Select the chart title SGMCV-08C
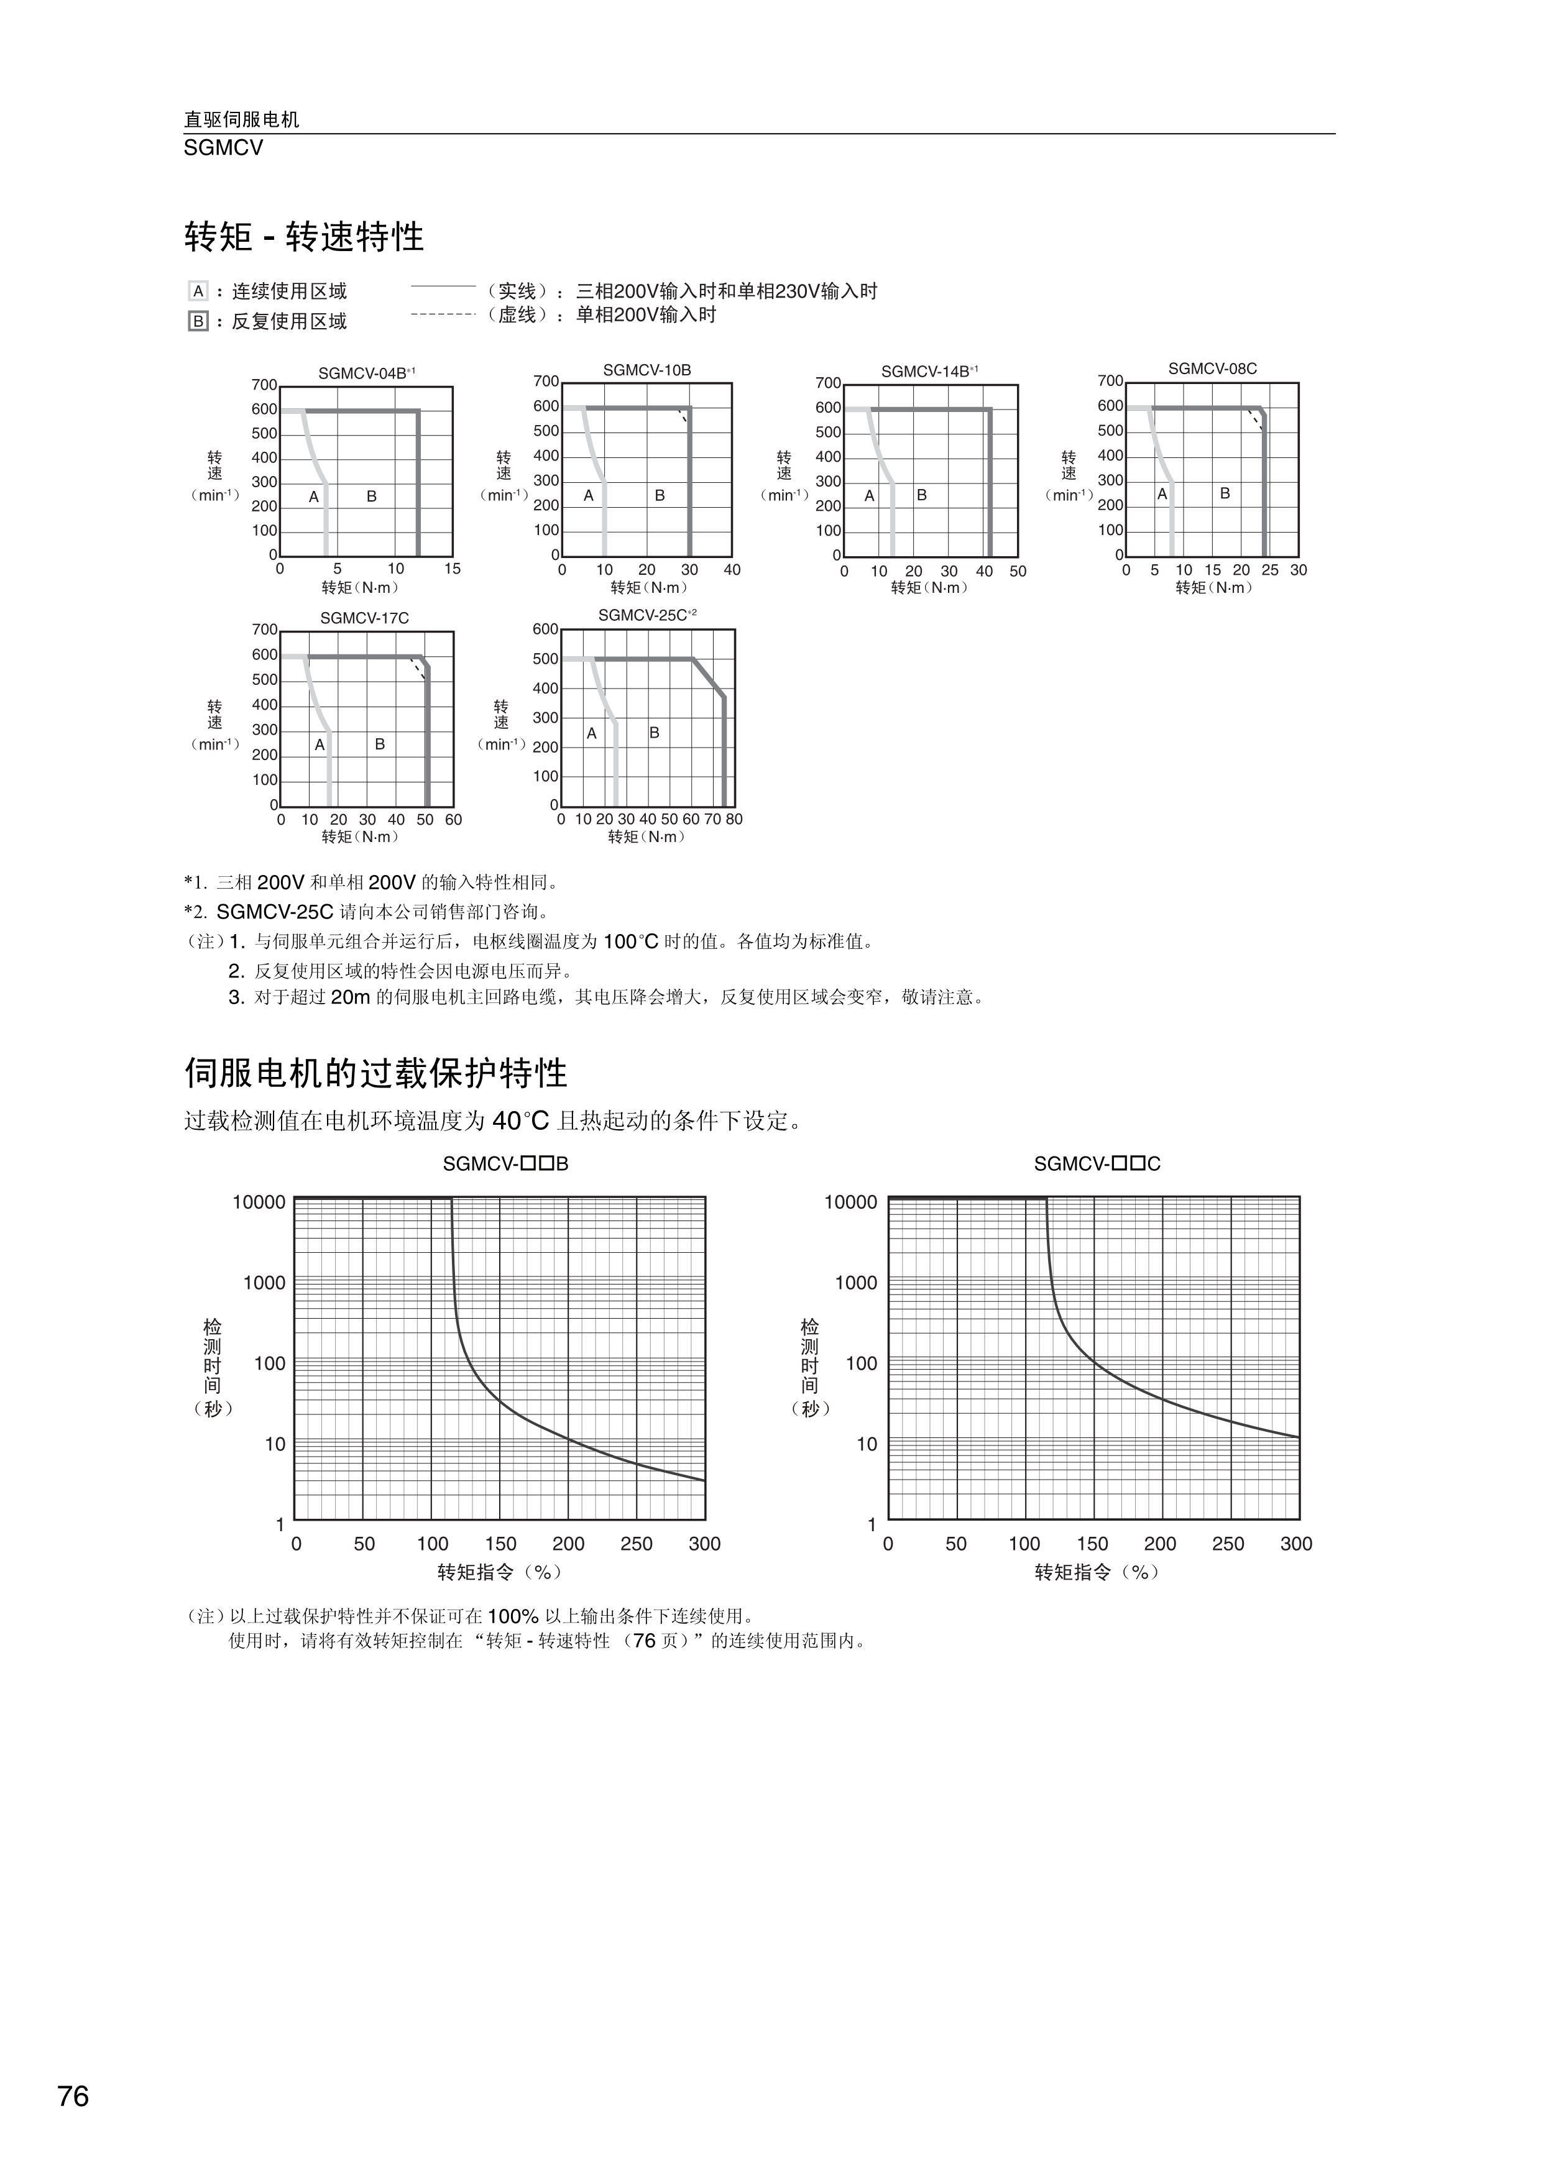(x=1213, y=369)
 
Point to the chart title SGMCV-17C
(x=365, y=618)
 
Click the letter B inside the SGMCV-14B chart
(x=921, y=495)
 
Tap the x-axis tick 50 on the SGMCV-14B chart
(x=1018, y=572)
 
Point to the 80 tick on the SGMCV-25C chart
(x=734, y=820)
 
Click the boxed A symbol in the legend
(x=198, y=291)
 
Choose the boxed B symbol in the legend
(x=198, y=322)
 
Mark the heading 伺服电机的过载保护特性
(x=376, y=1074)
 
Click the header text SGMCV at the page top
(x=223, y=148)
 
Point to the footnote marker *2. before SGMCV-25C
(x=195, y=912)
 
